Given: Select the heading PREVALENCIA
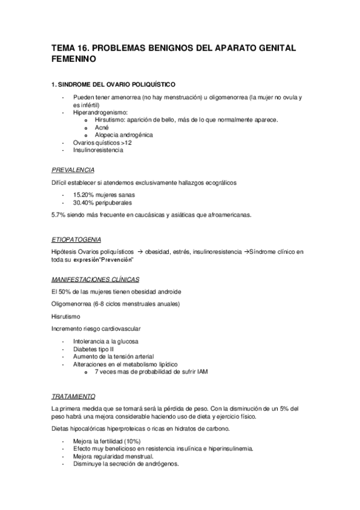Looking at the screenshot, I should [73, 170].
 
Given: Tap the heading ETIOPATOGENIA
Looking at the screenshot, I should [76, 239].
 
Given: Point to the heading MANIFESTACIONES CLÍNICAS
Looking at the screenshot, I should [95, 280].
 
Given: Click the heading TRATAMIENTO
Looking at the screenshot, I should [73, 396].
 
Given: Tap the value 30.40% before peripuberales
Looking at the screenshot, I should [85, 203].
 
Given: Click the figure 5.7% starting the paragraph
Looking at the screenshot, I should [59, 215].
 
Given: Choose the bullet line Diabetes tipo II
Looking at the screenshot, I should [93, 348].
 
